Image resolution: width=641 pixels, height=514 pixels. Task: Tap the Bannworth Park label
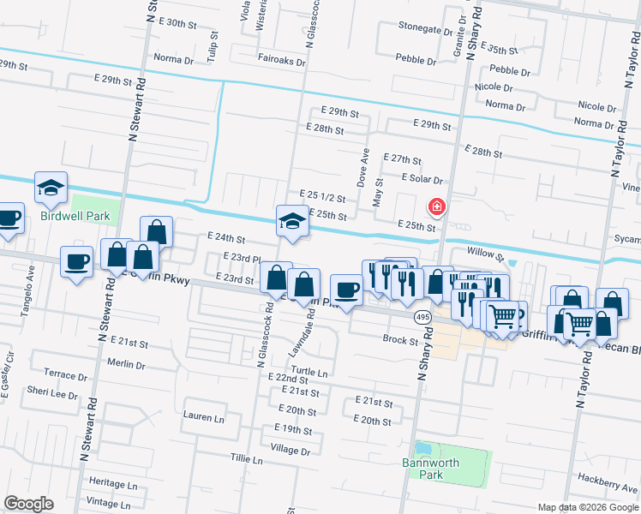tap(431, 469)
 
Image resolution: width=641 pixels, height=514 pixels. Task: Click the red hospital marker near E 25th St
tap(436, 207)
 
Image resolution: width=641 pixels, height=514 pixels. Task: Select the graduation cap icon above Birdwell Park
tap(51, 188)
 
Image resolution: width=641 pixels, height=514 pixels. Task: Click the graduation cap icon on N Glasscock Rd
tap(292, 221)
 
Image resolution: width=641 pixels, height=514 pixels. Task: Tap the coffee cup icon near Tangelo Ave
tap(77, 262)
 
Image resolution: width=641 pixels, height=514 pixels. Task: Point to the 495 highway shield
tap(422, 317)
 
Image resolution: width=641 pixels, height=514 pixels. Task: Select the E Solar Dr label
tap(422, 179)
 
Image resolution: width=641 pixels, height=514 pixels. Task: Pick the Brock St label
tap(399, 340)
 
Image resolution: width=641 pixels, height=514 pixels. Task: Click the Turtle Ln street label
tap(310, 374)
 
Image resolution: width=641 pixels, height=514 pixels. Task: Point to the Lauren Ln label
tap(203, 417)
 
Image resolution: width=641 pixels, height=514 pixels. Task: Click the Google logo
tap(28, 504)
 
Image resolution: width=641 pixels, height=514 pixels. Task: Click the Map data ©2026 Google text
tap(587, 507)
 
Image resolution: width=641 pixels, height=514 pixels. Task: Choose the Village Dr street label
tap(290, 450)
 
